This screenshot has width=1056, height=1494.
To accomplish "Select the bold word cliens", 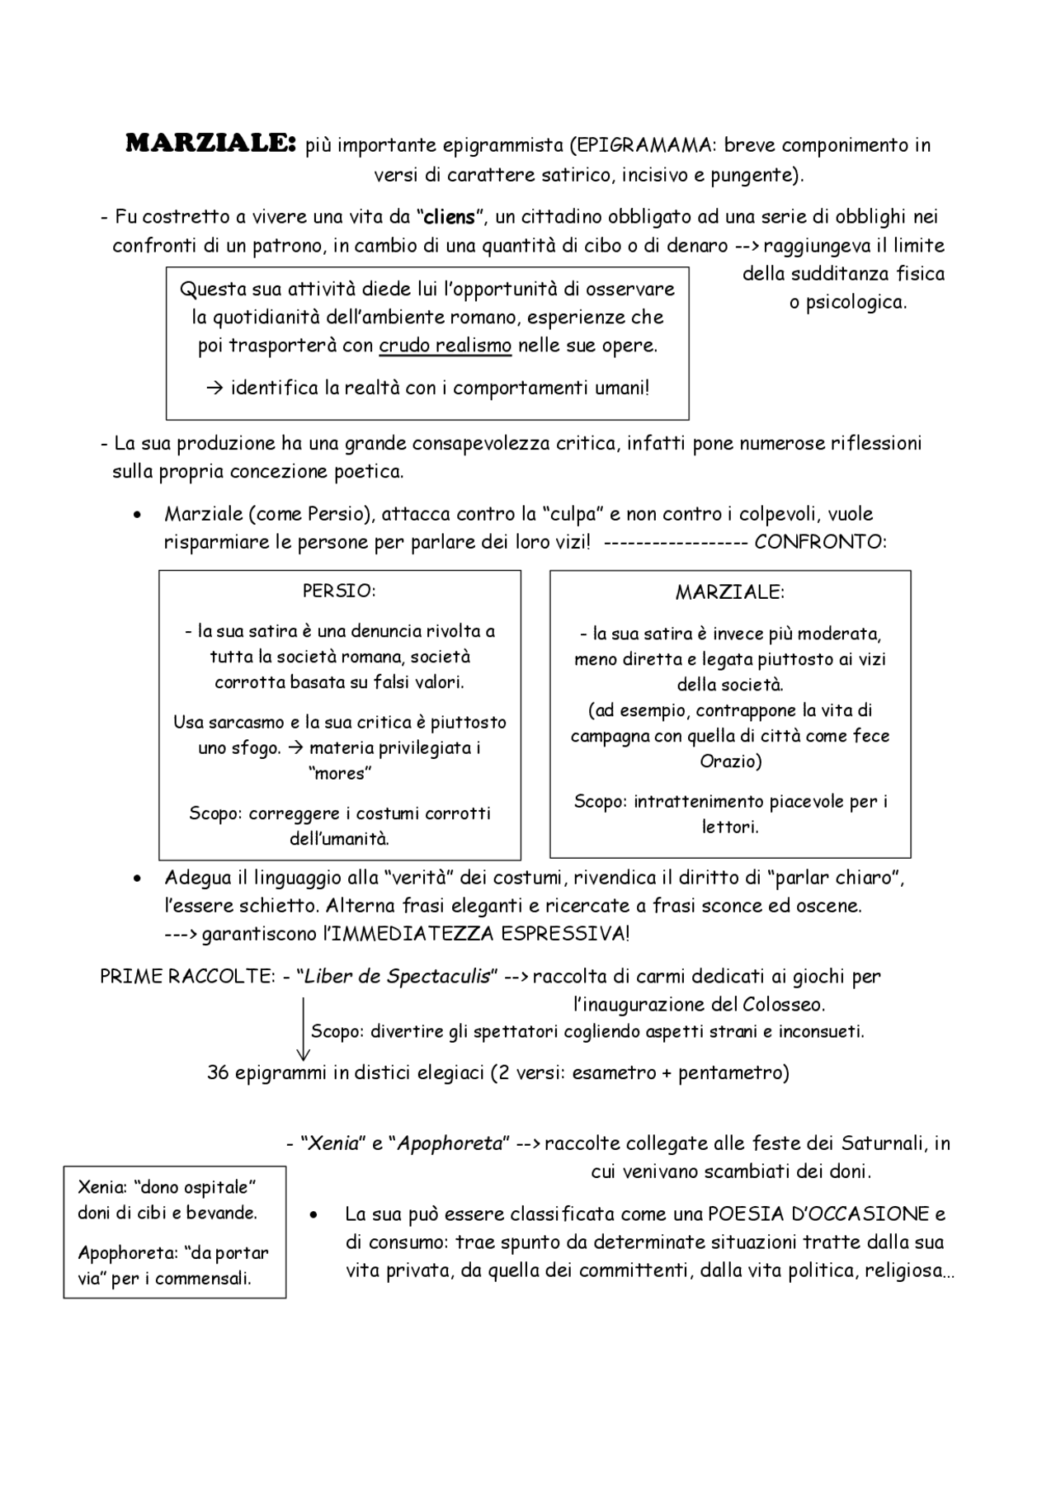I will [448, 218].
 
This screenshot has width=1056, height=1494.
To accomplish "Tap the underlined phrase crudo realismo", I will [445, 346].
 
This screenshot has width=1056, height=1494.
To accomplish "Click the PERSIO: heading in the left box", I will [339, 591].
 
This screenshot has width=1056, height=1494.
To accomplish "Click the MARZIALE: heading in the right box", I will [730, 592].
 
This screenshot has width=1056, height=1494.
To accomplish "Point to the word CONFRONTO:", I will [820, 543].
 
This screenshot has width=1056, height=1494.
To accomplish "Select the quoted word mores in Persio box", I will [339, 774].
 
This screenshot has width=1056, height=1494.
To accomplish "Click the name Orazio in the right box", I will [730, 761].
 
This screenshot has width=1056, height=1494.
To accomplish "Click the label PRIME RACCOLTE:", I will [187, 977].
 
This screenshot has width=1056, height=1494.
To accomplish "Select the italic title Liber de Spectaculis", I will [397, 977].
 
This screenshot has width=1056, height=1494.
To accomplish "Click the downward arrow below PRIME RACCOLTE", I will [304, 1031].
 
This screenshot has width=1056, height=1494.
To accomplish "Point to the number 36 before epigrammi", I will [217, 1073].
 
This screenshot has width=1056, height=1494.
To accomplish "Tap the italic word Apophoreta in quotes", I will [450, 1144].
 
